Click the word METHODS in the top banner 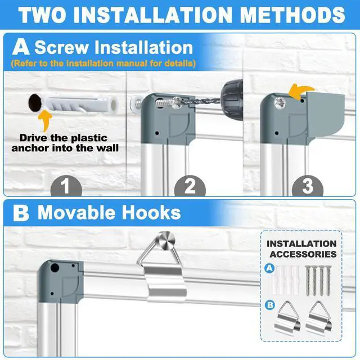click(292, 15)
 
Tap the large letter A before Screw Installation click(21, 47)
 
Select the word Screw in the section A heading click(61, 47)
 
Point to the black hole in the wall click(35, 103)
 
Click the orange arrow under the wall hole click(45, 120)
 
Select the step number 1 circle click(66, 186)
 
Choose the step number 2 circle click(190, 186)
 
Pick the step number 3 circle click(308, 186)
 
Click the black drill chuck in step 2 click(232, 100)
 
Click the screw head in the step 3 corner click(280, 102)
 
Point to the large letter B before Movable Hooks click(21, 213)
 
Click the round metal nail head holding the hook click(165, 240)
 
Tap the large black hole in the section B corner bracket click(55, 268)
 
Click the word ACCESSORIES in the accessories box click(303, 254)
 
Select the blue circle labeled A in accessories click(269, 268)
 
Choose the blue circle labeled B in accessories click(270, 305)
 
